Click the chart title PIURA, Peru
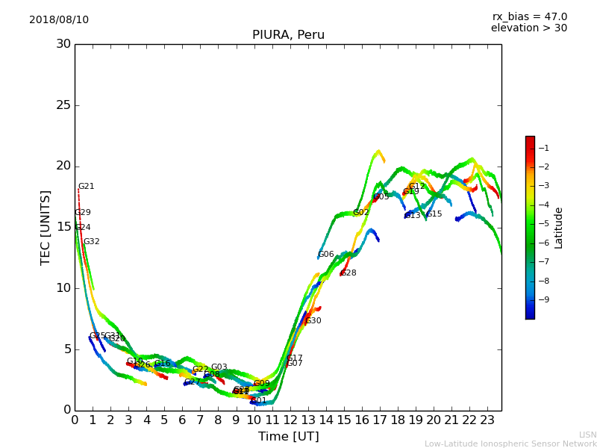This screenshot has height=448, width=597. click(288, 35)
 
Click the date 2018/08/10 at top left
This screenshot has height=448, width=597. click(59, 19)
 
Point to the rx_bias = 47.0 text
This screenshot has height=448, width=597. click(529, 16)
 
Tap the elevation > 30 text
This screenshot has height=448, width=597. click(528, 28)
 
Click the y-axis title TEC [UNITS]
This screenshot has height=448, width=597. click(46, 227)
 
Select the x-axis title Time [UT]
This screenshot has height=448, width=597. click(288, 436)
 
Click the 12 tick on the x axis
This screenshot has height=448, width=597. click(290, 420)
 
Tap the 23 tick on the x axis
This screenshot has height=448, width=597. click(487, 420)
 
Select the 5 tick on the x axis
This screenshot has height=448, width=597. click(164, 420)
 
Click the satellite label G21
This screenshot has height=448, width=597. click(87, 187)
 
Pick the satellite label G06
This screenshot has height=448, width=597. click(326, 255)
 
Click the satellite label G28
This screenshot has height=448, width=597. click(348, 273)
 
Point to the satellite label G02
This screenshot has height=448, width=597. click(361, 213)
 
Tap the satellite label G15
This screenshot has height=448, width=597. click(434, 214)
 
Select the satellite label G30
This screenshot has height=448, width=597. click(313, 321)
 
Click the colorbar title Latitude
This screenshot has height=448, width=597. click(558, 228)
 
